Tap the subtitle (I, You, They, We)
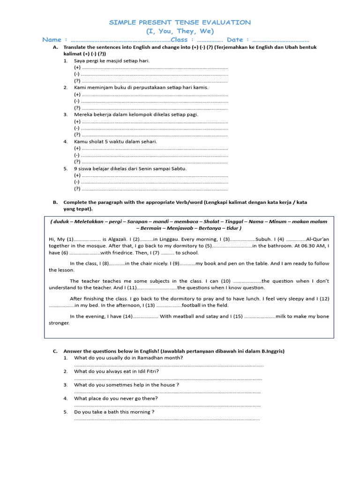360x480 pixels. click(x=180, y=31)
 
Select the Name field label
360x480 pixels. click(x=52, y=40)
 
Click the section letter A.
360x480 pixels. click(x=55, y=47)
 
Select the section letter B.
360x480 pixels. click(x=55, y=202)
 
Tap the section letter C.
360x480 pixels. click(x=55, y=351)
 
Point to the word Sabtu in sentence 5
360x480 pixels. click(x=178, y=168)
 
